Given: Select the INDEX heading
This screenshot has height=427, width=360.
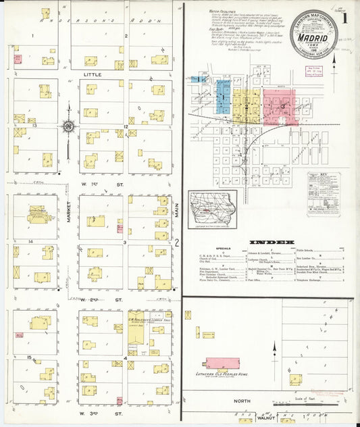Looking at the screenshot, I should point(271,241).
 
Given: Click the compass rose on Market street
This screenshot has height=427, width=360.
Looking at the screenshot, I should point(68,126).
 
